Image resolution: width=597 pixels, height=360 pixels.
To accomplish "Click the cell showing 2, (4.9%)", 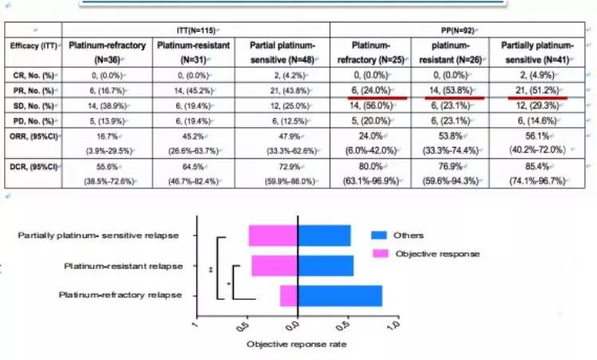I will pyautogui.click(x=539, y=73).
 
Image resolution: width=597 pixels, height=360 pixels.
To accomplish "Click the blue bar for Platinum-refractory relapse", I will pyautogui.click(x=339, y=295).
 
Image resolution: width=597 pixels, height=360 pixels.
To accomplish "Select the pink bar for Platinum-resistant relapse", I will pyautogui.click(x=274, y=265).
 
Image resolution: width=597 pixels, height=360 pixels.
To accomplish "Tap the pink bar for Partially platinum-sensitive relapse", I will pyautogui.click(x=272, y=235).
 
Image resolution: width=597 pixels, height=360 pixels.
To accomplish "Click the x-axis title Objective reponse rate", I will pyautogui.click(x=297, y=344).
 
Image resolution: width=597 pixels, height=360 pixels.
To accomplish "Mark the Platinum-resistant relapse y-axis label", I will pyautogui.click(x=123, y=265).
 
